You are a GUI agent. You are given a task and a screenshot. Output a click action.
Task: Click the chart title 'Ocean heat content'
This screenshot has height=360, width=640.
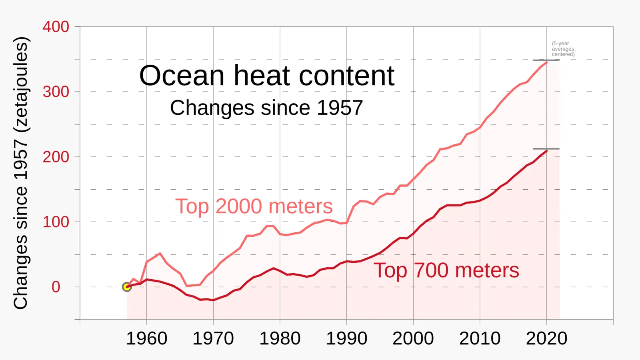[x=266, y=76]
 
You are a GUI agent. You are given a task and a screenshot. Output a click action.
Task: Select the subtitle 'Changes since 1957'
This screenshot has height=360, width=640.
[x=266, y=108]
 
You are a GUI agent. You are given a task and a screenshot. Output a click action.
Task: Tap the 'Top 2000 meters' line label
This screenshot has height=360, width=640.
[x=254, y=206]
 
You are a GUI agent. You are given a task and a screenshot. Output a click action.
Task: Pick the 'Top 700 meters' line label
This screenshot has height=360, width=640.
[x=446, y=270]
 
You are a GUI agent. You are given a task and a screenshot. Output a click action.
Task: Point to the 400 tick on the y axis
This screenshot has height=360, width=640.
[x=56, y=27]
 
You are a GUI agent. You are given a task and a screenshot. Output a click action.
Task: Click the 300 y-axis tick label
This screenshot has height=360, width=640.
[x=56, y=92]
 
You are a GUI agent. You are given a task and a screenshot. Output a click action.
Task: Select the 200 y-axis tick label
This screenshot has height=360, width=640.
[x=56, y=157]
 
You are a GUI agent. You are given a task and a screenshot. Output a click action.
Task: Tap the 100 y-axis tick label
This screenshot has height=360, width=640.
[x=56, y=222]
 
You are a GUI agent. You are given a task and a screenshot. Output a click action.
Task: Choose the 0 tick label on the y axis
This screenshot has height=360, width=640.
[x=56, y=287]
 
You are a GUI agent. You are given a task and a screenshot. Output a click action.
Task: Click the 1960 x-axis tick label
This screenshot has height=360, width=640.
[x=146, y=338]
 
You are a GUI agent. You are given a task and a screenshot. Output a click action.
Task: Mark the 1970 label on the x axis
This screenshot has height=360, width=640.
[x=213, y=338]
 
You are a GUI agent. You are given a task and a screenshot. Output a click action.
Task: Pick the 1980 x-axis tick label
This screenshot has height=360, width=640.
[x=280, y=338]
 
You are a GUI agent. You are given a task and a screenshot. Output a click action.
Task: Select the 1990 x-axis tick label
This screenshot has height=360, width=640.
[x=346, y=338]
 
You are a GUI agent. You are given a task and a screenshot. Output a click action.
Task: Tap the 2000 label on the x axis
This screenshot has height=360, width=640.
[x=413, y=338]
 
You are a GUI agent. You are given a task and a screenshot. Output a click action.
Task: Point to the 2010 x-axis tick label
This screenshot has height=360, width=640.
[x=480, y=338]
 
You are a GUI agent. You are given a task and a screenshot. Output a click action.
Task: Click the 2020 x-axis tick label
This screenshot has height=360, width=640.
[x=546, y=338]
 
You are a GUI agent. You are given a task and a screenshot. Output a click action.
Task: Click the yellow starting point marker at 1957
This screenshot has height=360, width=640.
[x=127, y=287]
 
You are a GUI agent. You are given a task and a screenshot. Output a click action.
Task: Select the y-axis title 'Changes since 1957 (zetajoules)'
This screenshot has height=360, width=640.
[x=21, y=173]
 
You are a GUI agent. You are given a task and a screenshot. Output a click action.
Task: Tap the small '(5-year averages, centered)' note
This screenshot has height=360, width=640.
[x=563, y=49]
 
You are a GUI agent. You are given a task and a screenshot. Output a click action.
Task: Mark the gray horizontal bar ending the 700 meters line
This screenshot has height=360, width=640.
[x=546, y=149]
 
